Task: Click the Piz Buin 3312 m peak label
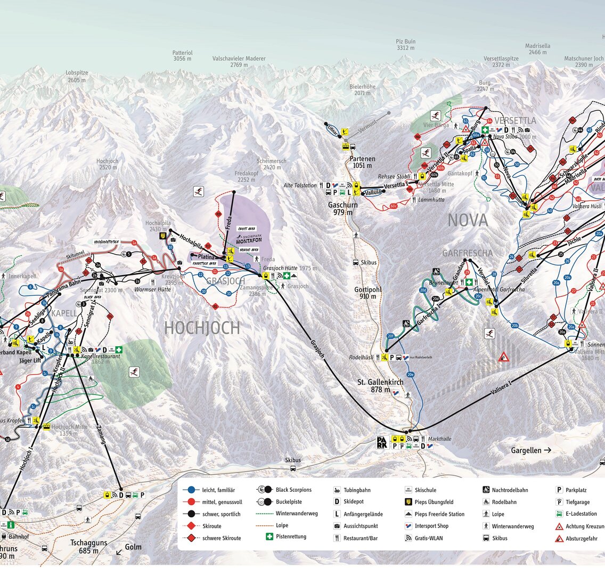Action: pos(405,45)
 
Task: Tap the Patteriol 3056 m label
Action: pos(182,56)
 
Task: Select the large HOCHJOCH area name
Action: pos(202,328)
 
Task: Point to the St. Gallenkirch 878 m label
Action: pos(380,386)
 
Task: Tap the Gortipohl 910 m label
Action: pos(368,293)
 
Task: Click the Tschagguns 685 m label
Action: pos(89,547)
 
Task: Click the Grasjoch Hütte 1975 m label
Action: pos(290,269)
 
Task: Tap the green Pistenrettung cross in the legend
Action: pos(269,537)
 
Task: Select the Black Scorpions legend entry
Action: pos(293,490)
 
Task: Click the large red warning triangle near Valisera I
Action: pos(504,356)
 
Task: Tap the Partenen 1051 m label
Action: pos(362,162)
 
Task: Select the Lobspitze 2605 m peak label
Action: pos(77,76)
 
